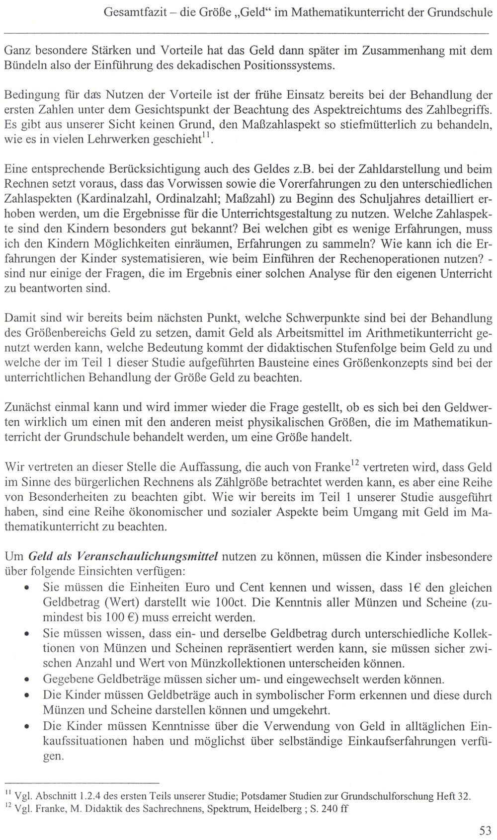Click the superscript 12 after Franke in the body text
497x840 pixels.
355,464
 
